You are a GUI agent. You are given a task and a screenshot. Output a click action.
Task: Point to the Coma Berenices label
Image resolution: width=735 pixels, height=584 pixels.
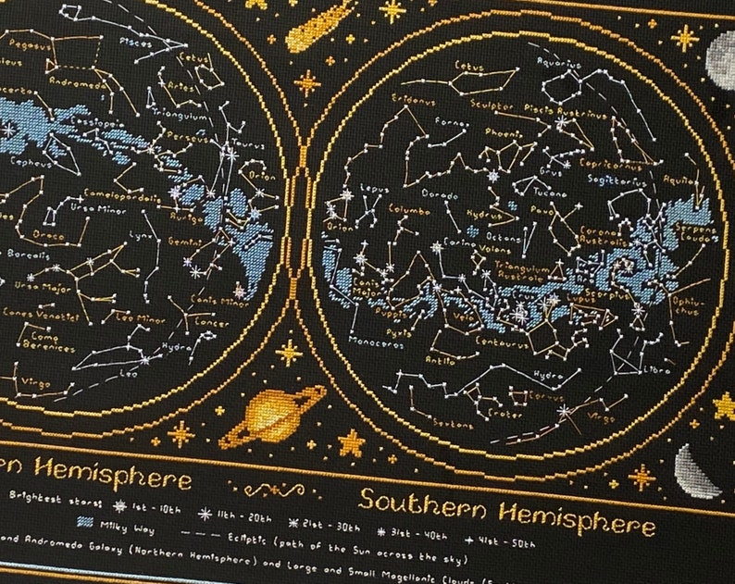point(41,342)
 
